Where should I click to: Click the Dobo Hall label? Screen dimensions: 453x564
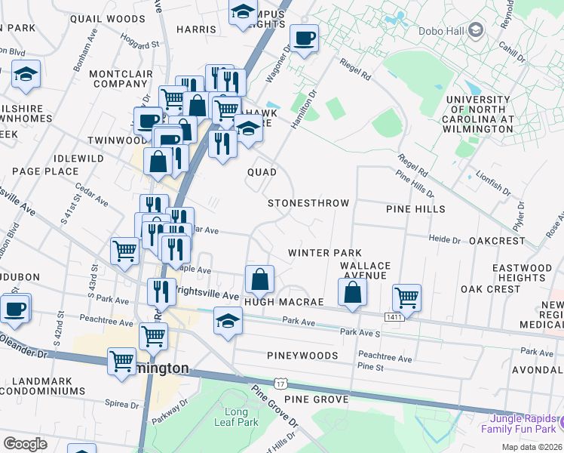[444, 30]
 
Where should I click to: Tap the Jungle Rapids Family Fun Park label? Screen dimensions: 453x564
[523, 424]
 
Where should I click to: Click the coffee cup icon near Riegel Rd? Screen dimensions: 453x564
[305, 38]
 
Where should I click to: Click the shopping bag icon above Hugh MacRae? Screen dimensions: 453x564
[259, 279]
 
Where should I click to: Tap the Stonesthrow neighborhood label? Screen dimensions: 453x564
[309, 203]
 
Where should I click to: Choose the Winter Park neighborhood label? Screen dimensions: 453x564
[325, 253]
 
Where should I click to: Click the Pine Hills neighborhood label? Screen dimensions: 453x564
[415, 208]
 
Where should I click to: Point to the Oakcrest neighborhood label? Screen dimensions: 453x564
[496, 240]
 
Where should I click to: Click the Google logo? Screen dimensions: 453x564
[25, 443]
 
